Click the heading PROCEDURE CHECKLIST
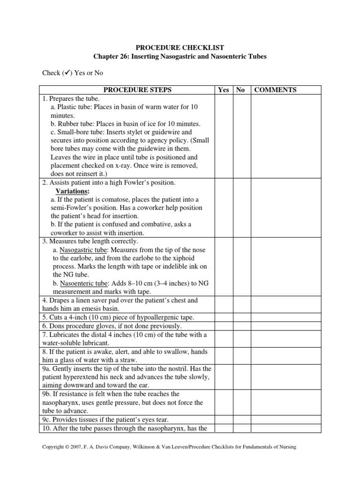[180, 47]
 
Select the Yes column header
[224, 90]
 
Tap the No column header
[240, 90]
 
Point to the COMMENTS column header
[275, 90]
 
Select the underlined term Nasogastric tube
[82, 250]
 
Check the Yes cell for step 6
[224, 326]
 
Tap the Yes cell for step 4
[224, 304]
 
